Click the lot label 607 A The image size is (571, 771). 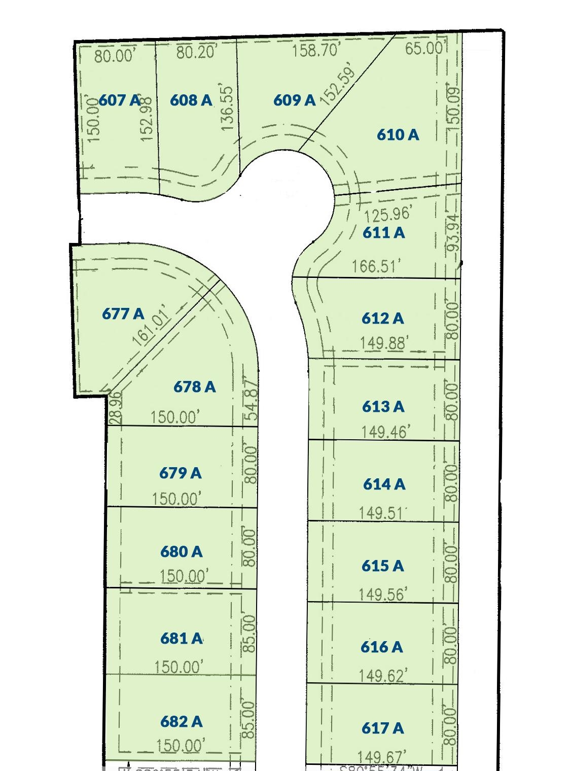tap(119, 100)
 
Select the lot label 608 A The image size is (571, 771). tap(191, 100)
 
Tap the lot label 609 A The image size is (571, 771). tap(294, 100)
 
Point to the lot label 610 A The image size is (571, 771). tap(398, 134)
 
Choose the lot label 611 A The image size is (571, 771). tap(384, 232)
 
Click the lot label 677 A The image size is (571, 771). tap(123, 314)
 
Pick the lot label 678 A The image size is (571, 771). tap(194, 387)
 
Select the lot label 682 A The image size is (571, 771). tap(181, 721)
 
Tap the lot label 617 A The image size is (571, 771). tap(382, 728)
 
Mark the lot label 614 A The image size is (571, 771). tap(384, 484)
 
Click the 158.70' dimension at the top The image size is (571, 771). tap(316, 51)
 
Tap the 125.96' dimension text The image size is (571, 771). tap(387, 215)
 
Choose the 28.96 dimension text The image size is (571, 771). tap(116, 407)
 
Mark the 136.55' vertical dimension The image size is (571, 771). tap(227, 108)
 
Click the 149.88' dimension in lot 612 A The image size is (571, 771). tap(383, 344)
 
